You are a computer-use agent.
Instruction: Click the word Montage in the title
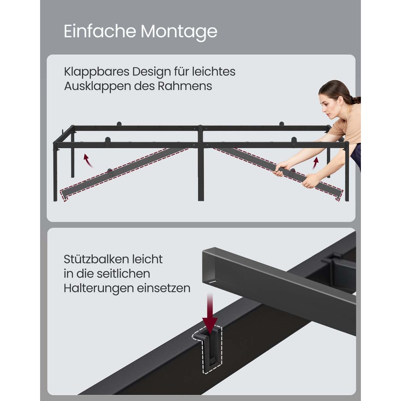pyautogui.click(x=179, y=32)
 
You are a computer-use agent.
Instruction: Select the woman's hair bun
pyautogui.click(x=356, y=100)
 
